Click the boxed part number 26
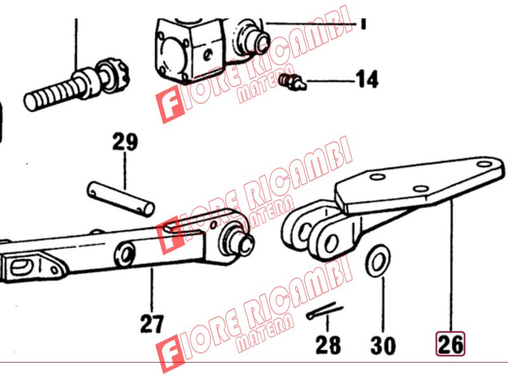click(450, 344)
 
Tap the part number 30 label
click(383, 345)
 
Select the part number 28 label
click(328, 345)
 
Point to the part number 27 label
click(152, 324)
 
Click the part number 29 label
click(125, 142)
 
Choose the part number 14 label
click(367, 79)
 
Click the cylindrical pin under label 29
click(121, 199)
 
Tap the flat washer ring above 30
click(378, 261)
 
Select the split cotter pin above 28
click(324, 311)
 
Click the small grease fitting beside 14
click(292, 82)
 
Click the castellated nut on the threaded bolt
click(113, 76)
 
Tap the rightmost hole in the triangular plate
click(485, 164)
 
